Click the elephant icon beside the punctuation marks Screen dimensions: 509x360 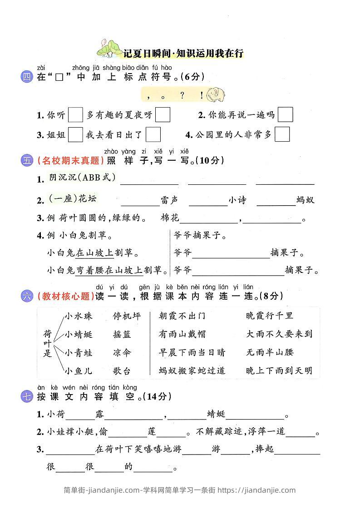[x=216, y=95]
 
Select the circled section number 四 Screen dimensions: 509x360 [x=27, y=77]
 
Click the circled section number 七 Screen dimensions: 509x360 [x=27, y=396]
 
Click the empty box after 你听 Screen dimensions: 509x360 [x=75, y=115]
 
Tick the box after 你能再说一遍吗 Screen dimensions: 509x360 [x=285, y=115]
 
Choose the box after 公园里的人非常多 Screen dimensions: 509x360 [x=282, y=134]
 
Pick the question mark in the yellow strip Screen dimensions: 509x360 [x=182, y=95]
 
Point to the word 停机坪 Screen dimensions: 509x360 [x=127, y=316]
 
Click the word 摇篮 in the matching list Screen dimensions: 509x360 [x=122, y=334]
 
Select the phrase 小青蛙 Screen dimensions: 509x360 [x=79, y=352]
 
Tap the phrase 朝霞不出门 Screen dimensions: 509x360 [x=182, y=316]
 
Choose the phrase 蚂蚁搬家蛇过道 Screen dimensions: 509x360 [x=192, y=371]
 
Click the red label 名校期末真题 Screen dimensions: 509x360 [x=70, y=160]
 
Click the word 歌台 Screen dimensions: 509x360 [x=122, y=371]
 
